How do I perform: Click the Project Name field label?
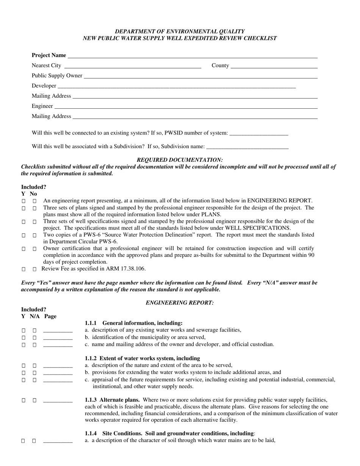click(x=49, y=55)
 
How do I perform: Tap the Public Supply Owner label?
click(x=57, y=75)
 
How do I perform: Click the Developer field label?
click(x=44, y=86)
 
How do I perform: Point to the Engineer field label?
click(x=42, y=106)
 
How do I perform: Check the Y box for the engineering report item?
click(x=23, y=201)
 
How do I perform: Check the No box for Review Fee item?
click(x=34, y=269)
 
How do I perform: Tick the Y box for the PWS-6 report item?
click(x=23, y=235)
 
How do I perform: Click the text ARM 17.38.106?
click(x=127, y=269)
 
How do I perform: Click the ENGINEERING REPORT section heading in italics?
click(x=180, y=302)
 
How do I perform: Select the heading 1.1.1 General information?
click(x=133, y=323)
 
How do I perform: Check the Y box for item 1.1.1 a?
click(x=23, y=330)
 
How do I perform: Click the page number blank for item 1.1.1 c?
click(x=58, y=345)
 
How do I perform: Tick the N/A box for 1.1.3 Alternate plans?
click(x=34, y=400)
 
